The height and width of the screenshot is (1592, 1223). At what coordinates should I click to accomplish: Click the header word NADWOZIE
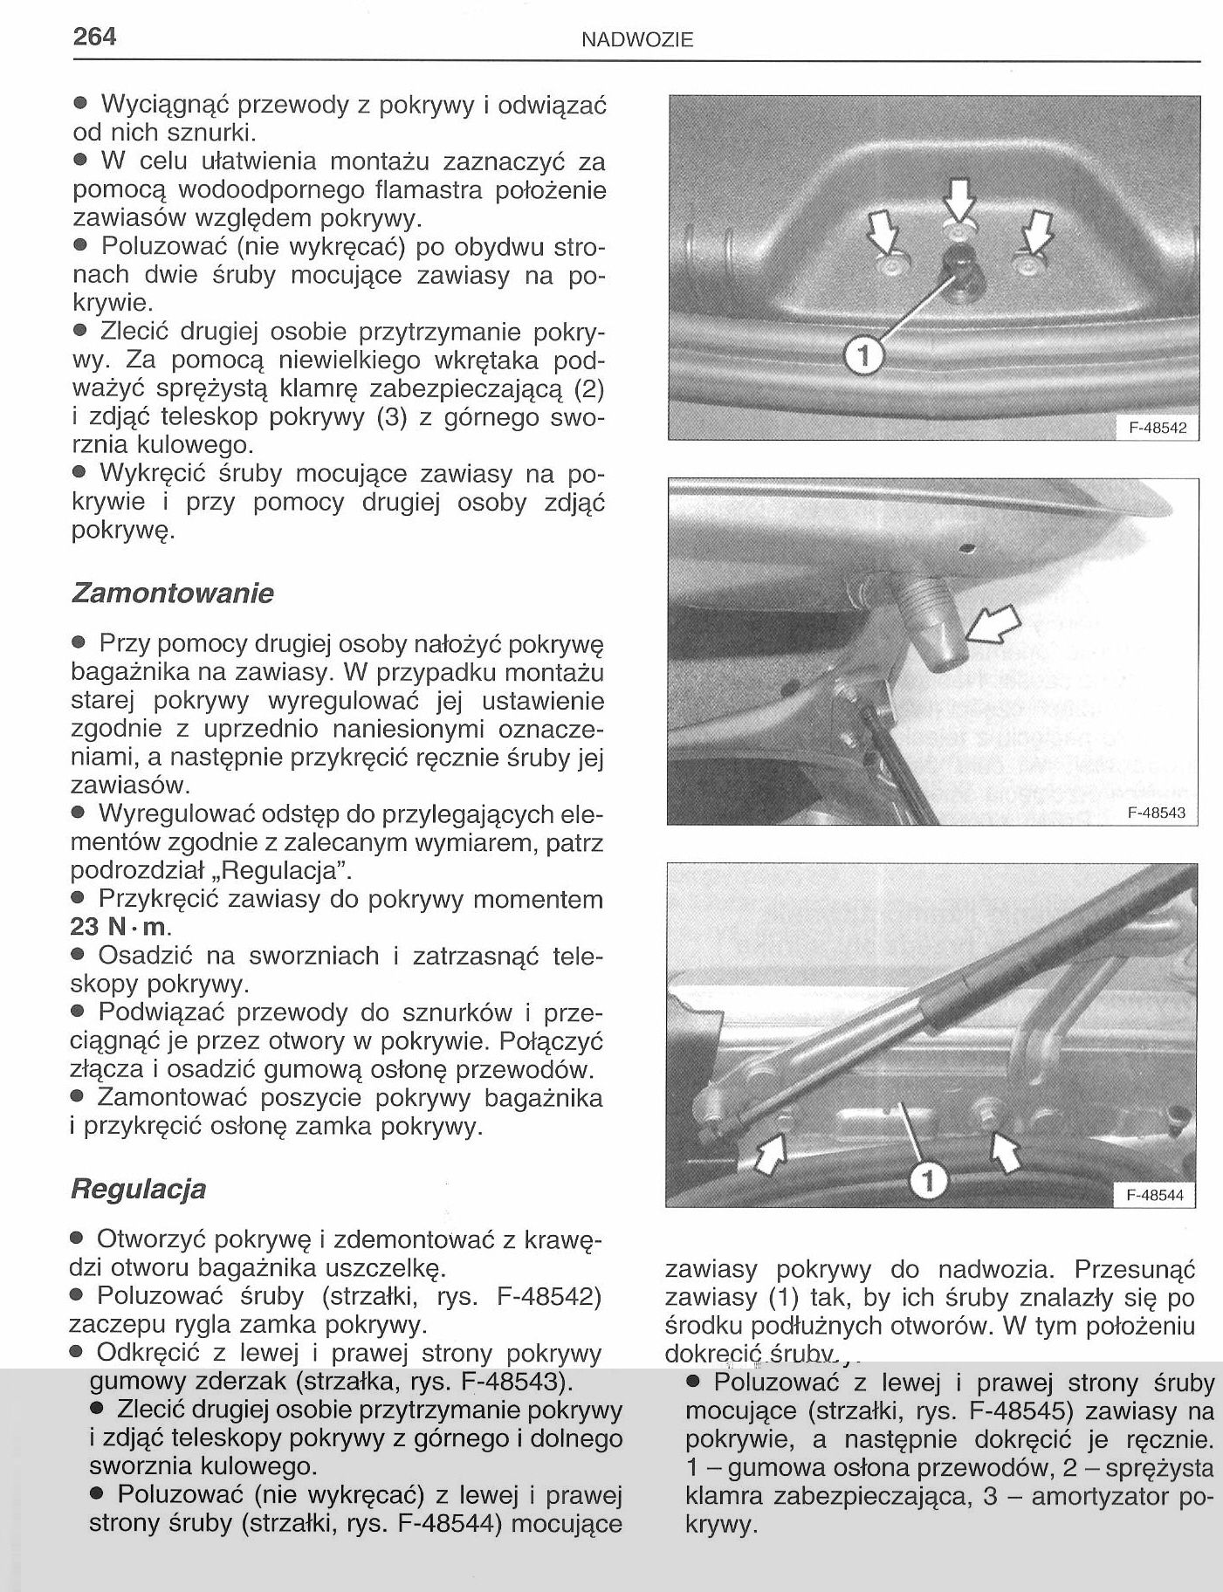pyautogui.click(x=637, y=39)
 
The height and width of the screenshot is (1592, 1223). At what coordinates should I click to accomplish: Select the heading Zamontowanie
pyautogui.click(x=173, y=594)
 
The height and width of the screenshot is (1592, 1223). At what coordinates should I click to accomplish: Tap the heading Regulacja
pyautogui.click(x=138, y=1189)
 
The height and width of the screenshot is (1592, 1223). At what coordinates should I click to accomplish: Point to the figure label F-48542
pyautogui.click(x=1156, y=429)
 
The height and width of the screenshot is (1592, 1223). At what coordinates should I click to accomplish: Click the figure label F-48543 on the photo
pyautogui.click(x=1156, y=813)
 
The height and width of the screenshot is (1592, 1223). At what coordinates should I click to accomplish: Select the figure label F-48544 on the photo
pyautogui.click(x=1155, y=1195)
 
